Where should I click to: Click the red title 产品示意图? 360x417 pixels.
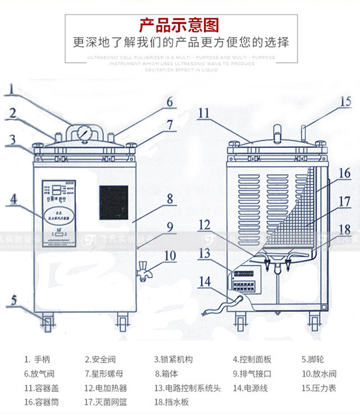(x=179, y=25)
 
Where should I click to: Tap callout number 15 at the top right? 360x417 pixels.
(x=346, y=102)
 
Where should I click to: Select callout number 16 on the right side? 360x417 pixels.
(x=344, y=173)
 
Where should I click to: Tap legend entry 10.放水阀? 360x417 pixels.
(x=319, y=374)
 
